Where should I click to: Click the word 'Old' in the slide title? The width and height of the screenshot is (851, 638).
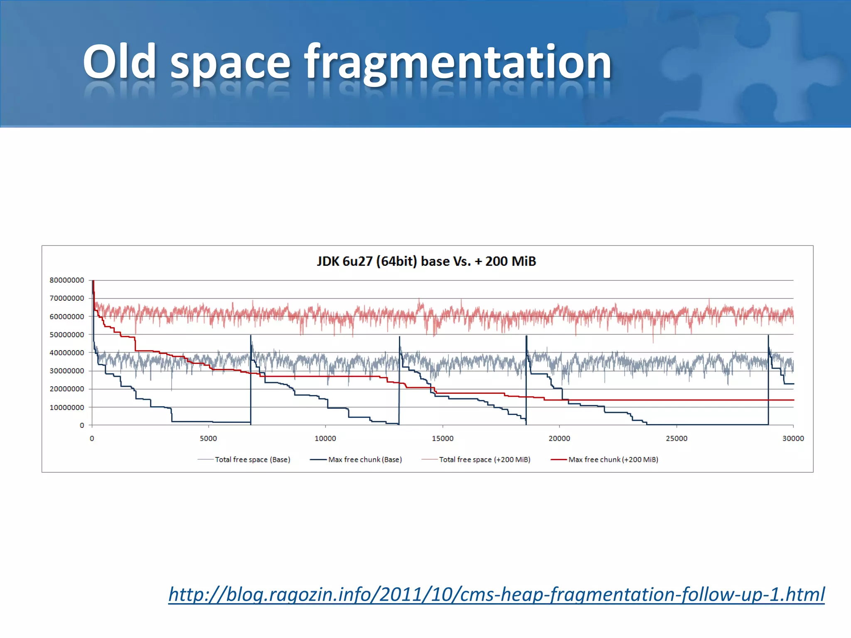[x=119, y=62]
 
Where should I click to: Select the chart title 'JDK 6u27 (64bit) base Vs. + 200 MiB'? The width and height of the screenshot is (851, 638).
[x=426, y=261]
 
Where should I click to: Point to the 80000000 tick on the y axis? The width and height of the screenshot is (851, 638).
[x=67, y=280]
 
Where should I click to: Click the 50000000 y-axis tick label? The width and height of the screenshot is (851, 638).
[x=67, y=335]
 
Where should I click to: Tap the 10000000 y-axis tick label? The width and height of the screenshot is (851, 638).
[x=67, y=407]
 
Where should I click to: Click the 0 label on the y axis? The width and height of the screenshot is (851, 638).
[x=82, y=425]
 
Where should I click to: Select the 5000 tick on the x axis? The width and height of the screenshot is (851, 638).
[x=208, y=439]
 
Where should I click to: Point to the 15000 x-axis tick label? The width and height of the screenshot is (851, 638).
[x=443, y=439]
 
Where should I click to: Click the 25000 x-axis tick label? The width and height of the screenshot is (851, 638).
[x=676, y=439]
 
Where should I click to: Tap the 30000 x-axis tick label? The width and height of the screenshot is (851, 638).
[x=793, y=439]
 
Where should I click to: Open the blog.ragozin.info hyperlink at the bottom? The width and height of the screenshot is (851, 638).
[x=496, y=594]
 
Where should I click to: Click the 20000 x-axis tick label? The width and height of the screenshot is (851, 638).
[x=559, y=439]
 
